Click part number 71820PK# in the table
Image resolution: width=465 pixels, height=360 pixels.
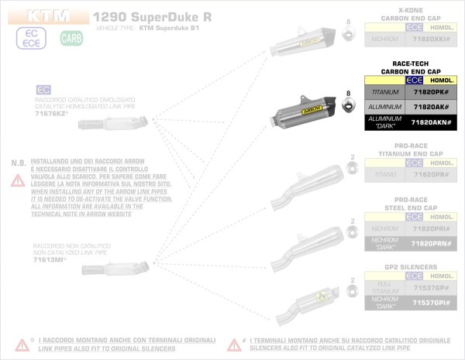tap(432, 92)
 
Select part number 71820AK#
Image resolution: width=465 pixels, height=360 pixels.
tap(432, 107)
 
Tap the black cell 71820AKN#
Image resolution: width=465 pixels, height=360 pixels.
tap(432, 122)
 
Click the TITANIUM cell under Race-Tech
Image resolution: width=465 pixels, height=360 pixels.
tap(384, 92)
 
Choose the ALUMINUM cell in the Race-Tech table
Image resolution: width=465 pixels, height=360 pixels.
tap(384, 107)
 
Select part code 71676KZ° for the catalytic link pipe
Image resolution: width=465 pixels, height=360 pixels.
tap(50, 113)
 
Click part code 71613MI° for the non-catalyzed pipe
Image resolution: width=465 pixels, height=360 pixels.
tap(50, 259)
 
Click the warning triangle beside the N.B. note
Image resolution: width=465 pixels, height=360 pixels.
tap(17, 180)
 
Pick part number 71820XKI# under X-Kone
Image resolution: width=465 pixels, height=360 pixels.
tap(432, 38)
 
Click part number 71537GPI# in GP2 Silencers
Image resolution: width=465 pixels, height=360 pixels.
tap(432, 303)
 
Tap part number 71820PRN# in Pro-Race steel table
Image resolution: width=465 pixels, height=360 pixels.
tap(432, 242)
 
